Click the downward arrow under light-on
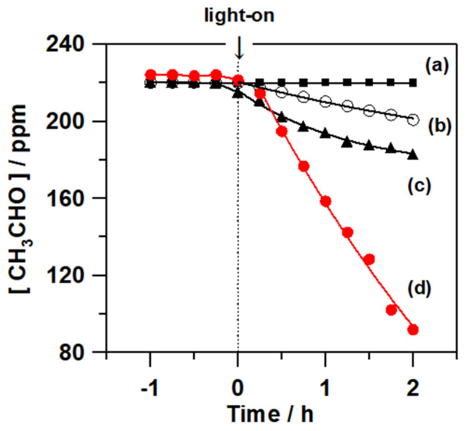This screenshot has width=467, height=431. (239, 50)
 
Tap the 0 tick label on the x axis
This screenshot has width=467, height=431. (238, 388)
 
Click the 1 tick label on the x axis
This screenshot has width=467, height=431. (325, 388)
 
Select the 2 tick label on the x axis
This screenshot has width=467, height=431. (413, 388)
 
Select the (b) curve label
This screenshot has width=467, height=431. (440, 127)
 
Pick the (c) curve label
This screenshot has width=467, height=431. (419, 186)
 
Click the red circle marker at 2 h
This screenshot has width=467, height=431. (413, 330)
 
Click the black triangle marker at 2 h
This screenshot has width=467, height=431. (413, 155)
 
